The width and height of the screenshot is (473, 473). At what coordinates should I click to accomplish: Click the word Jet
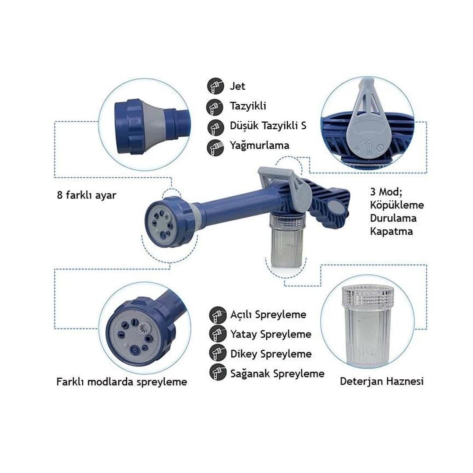point(237,86)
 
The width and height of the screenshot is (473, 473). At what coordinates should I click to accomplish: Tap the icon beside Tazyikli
point(215,107)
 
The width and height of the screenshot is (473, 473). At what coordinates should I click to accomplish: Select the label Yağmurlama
point(259,145)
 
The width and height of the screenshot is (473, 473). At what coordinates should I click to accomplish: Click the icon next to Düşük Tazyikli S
point(215,127)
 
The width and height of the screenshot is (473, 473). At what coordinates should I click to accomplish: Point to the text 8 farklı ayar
point(87,195)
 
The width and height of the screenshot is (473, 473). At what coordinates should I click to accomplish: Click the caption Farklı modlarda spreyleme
point(122,382)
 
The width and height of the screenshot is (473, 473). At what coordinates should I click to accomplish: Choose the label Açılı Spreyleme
point(268,314)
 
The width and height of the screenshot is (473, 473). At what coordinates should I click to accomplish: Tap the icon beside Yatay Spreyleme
point(218,334)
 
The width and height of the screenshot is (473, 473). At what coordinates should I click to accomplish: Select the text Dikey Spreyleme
point(271,354)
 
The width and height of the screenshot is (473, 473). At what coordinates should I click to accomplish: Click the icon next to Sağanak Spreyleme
point(218,372)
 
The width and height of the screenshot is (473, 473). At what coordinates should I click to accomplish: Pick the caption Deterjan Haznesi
point(381,381)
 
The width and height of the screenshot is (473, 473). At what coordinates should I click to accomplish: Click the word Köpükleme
point(397,205)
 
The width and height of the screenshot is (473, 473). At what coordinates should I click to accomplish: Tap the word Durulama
point(393,218)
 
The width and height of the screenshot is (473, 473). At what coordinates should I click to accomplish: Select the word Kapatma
point(391,231)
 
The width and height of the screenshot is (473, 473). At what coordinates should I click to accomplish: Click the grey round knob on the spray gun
point(335,208)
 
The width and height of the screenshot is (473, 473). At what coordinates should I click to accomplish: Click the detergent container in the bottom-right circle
point(367,326)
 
